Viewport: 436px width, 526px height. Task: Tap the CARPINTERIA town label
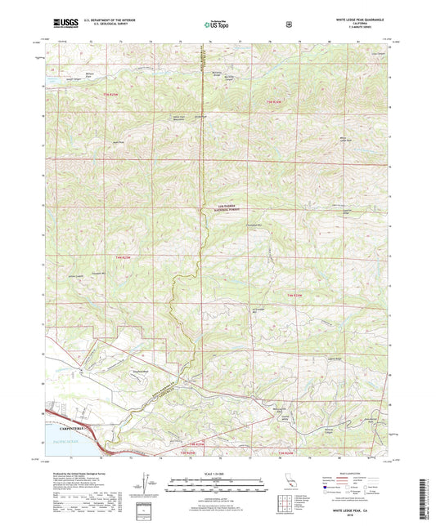[72, 426]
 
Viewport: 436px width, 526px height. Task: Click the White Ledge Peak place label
[350, 139]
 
